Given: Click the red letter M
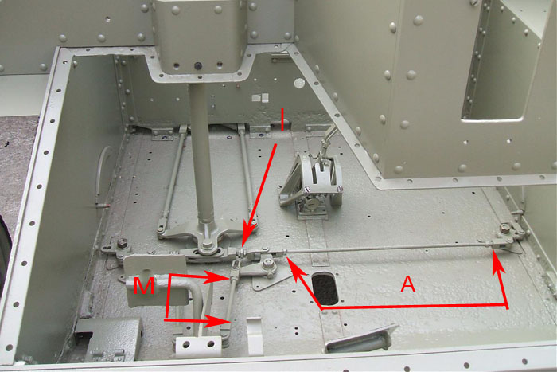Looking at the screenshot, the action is point(144,286).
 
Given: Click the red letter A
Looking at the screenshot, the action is point(407,284).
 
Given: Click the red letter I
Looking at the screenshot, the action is point(282,119).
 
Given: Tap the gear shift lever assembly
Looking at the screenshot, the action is point(312,182).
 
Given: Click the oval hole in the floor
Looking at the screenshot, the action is point(325,288).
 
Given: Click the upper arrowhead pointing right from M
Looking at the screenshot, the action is point(216,278).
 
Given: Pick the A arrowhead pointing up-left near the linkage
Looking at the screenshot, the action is point(295,268).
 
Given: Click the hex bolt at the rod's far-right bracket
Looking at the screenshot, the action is point(504,228).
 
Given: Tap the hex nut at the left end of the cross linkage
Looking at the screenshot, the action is point(122,243).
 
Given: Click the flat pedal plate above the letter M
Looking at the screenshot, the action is point(154,266).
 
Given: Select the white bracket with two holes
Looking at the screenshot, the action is point(198,347).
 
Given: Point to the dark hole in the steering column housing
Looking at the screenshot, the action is point(198,66).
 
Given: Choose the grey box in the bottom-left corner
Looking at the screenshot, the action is point(110,338).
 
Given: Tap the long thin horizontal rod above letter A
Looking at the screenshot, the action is point(388,249).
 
